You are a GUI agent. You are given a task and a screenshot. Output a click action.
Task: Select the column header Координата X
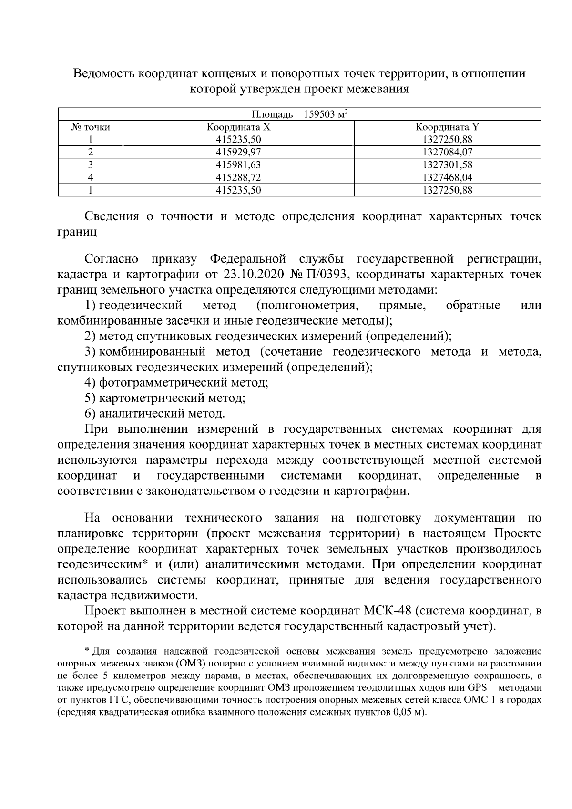pyautogui.click(x=238, y=127)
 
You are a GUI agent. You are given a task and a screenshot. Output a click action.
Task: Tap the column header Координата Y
pyautogui.click(x=447, y=127)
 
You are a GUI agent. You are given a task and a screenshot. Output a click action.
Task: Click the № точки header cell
pyautogui.click(x=91, y=127)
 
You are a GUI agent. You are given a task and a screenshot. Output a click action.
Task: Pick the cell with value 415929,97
pyautogui.click(x=238, y=153)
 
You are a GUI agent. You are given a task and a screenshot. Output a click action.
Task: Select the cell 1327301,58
pyautogui.click(x=447, y=165)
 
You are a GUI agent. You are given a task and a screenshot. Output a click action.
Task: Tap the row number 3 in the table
pyautogui.click(x=91, y=165)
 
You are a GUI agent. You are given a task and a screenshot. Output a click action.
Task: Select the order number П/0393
pyautogui.click(x=327, y=275)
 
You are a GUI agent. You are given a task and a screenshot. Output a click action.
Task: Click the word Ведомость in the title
pyautogui.click(x=103, y=74)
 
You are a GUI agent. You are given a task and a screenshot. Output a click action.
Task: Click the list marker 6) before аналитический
pyautogui.click(x=90, y=413)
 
